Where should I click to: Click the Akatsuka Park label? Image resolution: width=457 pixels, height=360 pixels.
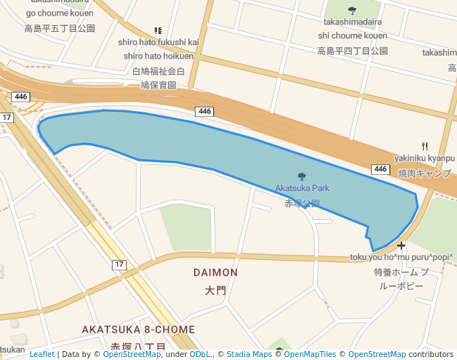pyautogui.click(x=302, y=188)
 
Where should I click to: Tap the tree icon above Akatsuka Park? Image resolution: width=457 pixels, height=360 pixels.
pyautogui.click(x=301, y=176)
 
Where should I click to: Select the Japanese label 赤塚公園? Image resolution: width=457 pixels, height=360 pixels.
pyautogui.click(x=302, y=203)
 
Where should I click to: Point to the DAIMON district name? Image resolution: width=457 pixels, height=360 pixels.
pyautogui.click(x=216, y=273)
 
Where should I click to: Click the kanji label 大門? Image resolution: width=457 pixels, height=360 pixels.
pyautogui.click(x=216, y=291)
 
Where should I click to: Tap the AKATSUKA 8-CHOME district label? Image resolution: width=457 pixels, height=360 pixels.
pyautogui.click(x=138, y=329)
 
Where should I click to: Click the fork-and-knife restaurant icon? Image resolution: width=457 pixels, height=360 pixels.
pyautogui.click(x=424, y=146)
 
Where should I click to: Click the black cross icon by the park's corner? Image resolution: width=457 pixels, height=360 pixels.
pyautogui.click(x=401, y=245)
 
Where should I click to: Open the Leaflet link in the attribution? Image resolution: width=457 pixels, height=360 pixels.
pyautogui.click(x=41, y=354)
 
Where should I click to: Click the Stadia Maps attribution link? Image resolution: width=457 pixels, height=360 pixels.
pyautogui.click(x=249, y=354)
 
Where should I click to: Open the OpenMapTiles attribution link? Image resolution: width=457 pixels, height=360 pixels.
pyautogui.click(x=310, y=354)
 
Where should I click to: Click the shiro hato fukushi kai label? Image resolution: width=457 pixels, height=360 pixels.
pyautogui.click(x=158, y=41)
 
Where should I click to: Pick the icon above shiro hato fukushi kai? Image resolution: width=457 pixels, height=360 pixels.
pyautogui.click(x=158, y=30)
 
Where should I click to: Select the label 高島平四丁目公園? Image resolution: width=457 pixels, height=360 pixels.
pyautogui.click(x=353, y=51)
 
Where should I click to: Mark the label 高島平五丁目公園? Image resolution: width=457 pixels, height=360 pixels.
pyautogui.click(x=60, y=28)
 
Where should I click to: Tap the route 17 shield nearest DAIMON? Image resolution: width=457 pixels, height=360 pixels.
pyautogui.click(x=119, y=264)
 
